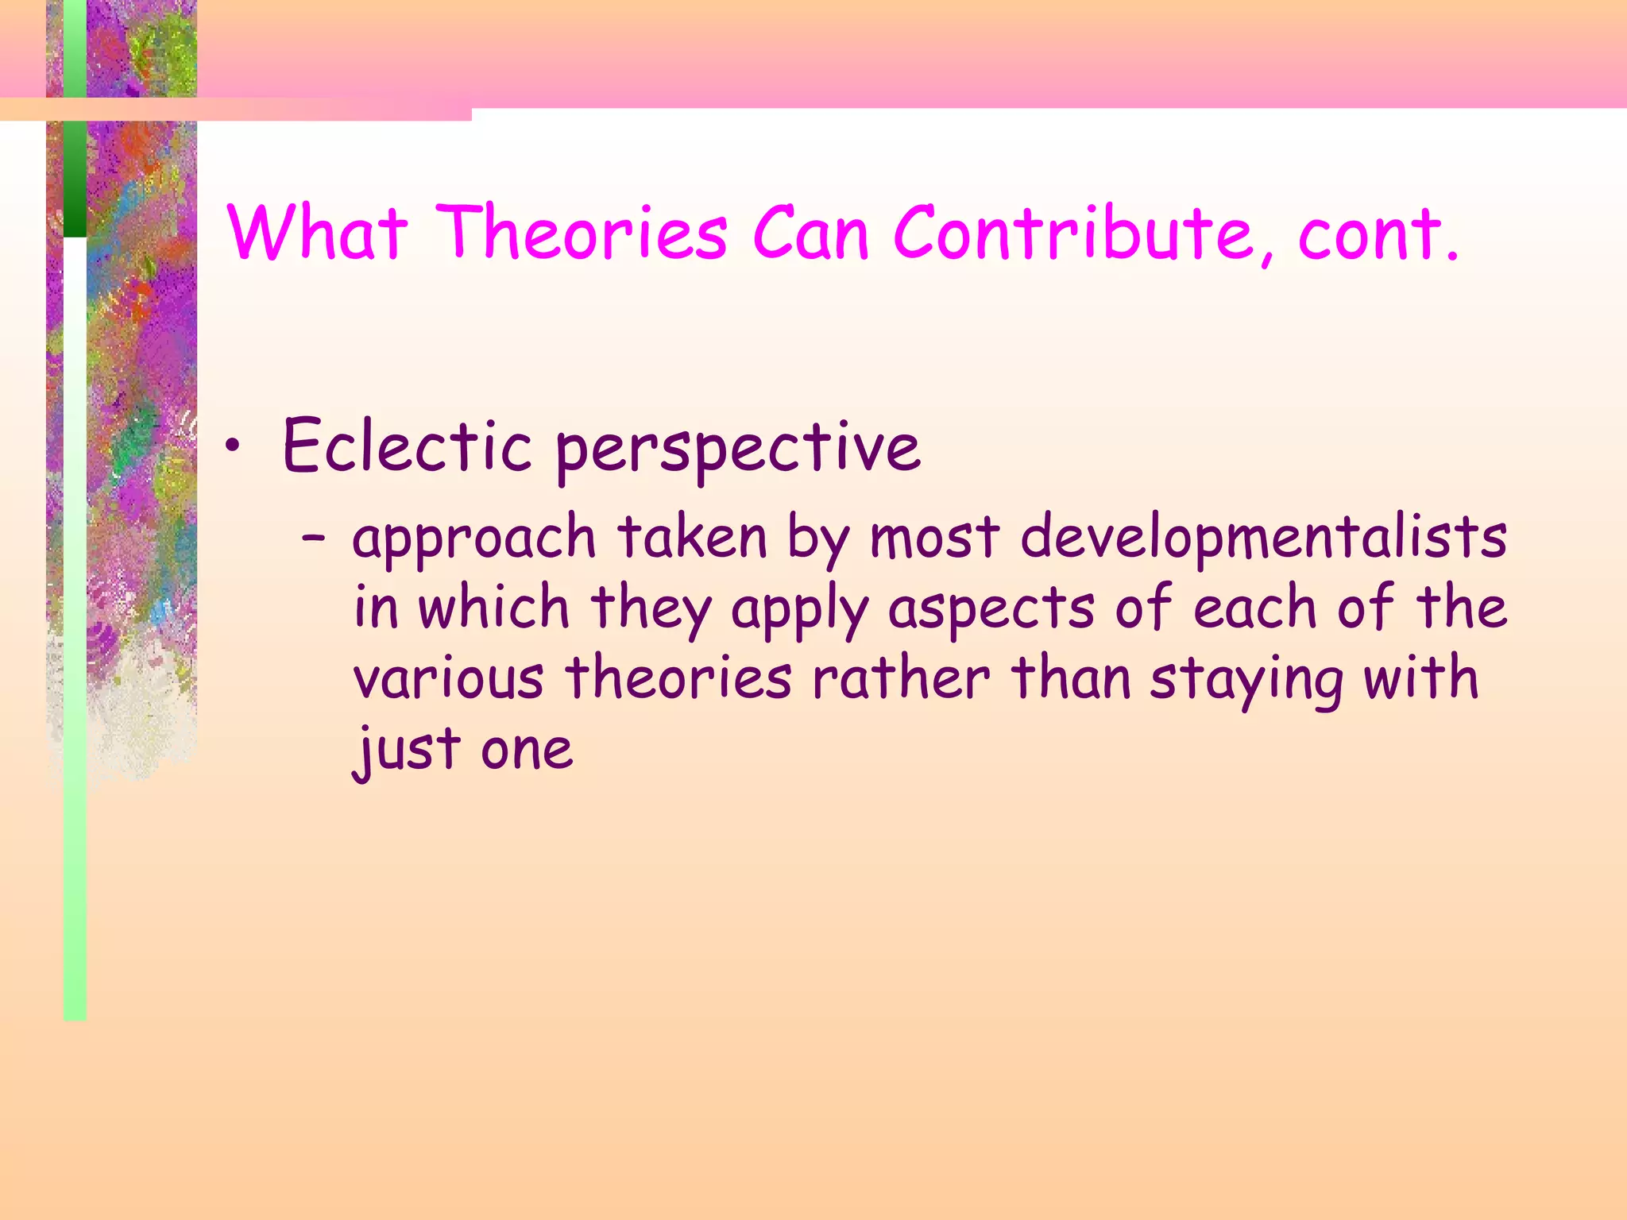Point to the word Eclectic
click(x=407, y=446)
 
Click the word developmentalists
click(x=1263, y=538)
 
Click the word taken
click(x=692, y=538)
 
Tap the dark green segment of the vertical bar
click(x=75, y=178)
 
